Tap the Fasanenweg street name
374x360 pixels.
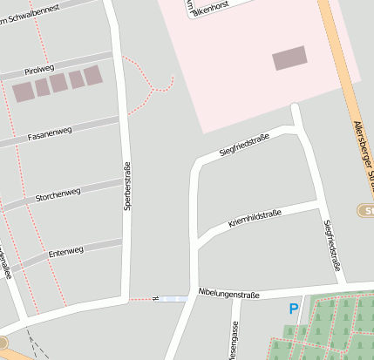coord(50,132)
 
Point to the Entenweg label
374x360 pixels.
coord(65,251)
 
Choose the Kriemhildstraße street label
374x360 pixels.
coord(255,219)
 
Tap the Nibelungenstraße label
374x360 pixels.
coord(228,295)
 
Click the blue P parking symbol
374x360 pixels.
coord(294,309)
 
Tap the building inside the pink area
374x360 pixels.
coord(289,58)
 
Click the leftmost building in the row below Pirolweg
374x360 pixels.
coord(22,89)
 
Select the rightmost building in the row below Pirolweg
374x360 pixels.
coord(92,76)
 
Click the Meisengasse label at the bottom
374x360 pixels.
coord(233,342)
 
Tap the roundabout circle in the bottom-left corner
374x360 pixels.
coord(3,343)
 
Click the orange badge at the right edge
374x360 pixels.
coord(366,210)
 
